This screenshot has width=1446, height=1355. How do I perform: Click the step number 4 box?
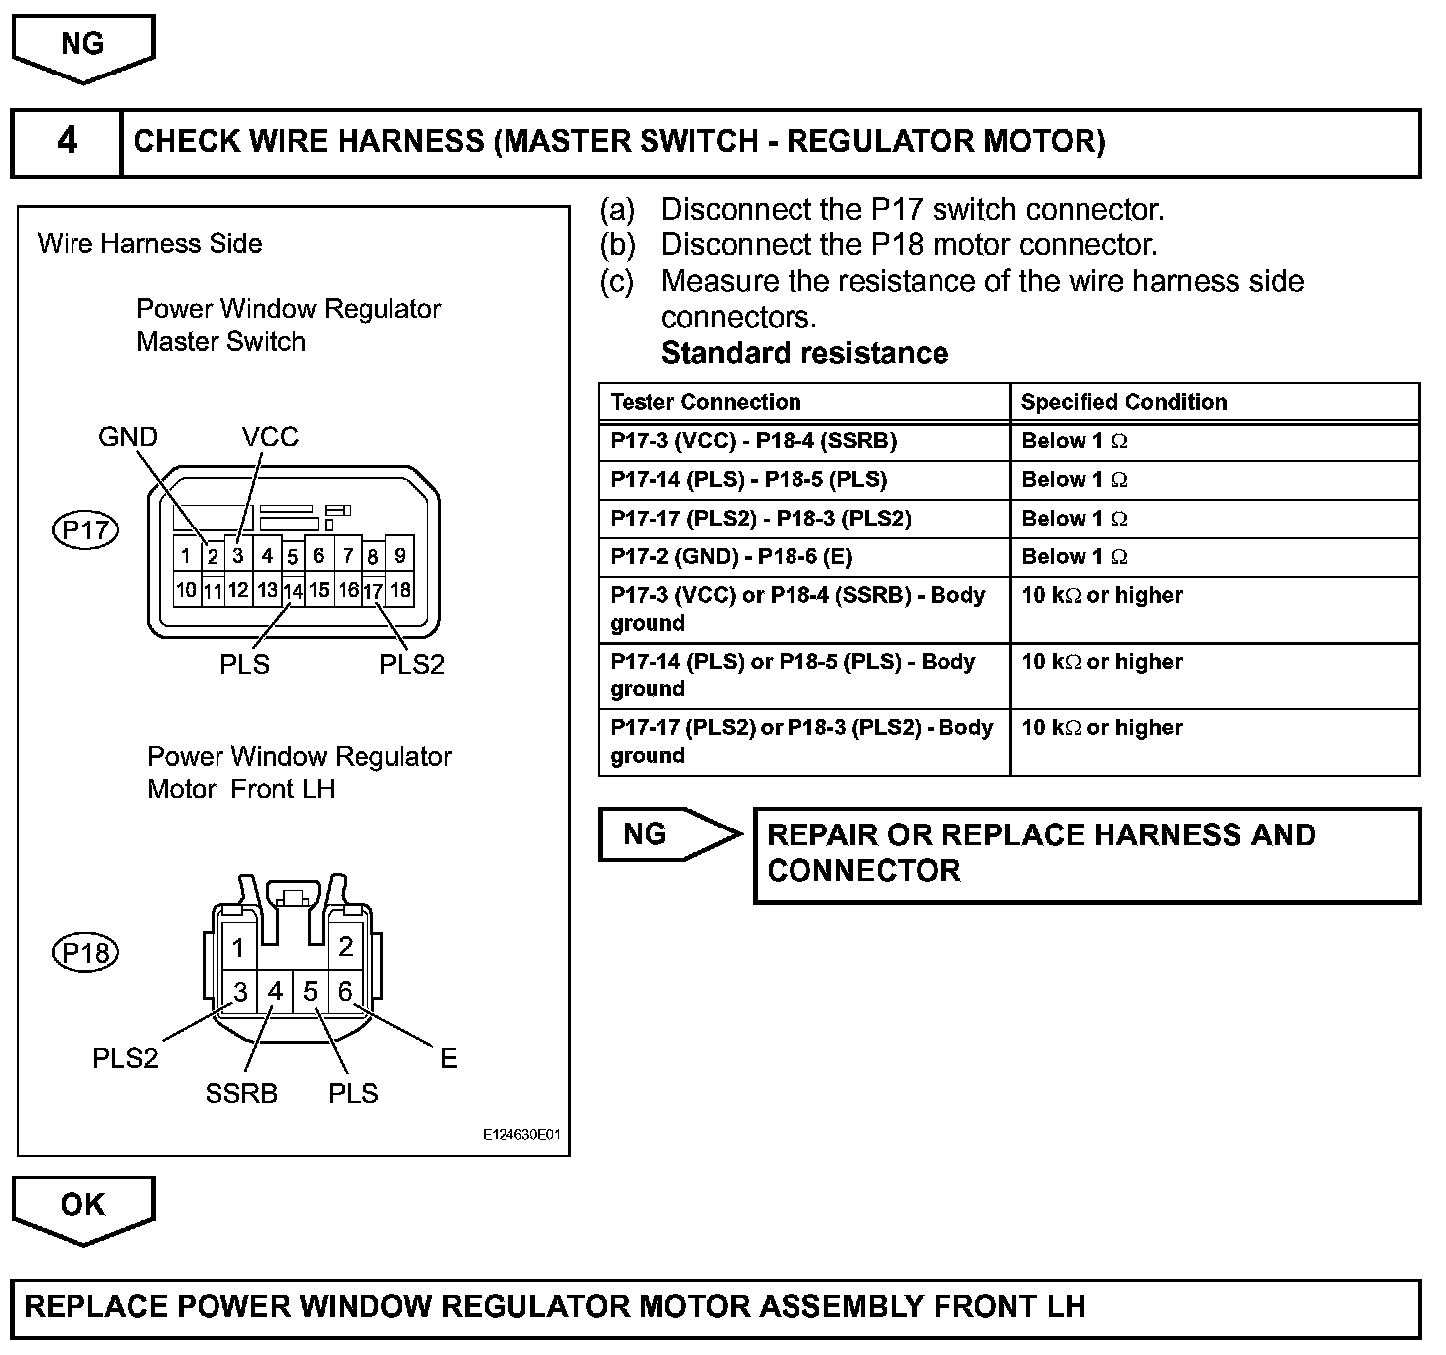[67, 142]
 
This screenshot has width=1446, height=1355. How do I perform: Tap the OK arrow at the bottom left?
[83, 1206]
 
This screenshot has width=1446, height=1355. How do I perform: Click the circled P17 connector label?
[84, 529]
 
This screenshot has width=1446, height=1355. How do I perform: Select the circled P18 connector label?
[84, 953]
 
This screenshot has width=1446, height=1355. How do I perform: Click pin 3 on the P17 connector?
[238, 555]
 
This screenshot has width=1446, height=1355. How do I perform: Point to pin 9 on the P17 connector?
[399, 555]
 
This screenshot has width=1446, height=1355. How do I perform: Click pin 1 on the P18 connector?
[238, 948]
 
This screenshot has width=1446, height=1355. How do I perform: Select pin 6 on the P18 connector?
[345, 991]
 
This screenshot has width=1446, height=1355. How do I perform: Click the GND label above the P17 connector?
[128, 437]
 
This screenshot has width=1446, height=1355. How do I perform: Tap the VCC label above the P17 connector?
[270, 437]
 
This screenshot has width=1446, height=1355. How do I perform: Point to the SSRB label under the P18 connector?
[241, 1093]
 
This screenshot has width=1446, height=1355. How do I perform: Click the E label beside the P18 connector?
[448, 1059]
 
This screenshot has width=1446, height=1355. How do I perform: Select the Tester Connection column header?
[705, 402]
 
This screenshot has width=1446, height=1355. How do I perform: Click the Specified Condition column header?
[1123, 402]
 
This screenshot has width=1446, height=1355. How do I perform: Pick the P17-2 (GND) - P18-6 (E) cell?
[731, 557]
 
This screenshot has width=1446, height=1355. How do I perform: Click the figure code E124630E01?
[522, 1134]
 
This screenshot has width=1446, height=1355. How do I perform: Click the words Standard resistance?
[804, 353]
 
